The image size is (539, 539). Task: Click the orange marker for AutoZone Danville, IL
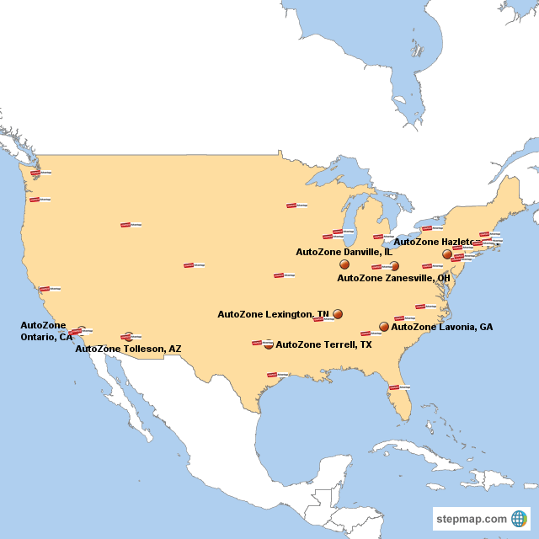point(344,264)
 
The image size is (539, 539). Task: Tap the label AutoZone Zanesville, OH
point(393,277)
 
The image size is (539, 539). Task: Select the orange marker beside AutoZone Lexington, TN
point(338,313)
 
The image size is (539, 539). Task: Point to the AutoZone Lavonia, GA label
point(442,327)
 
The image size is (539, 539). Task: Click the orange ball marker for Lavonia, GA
point(384,326)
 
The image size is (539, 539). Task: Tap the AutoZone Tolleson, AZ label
point(128,348)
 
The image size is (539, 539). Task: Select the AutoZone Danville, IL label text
point(344,251)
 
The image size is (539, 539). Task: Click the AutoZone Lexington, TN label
point(273,314)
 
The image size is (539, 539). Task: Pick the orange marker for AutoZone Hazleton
point(447,253)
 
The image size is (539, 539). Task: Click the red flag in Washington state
point(35,173)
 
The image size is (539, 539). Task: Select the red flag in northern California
point(44,289)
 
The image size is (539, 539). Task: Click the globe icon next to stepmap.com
point(519,519)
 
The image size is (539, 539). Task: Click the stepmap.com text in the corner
point(472,519)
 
